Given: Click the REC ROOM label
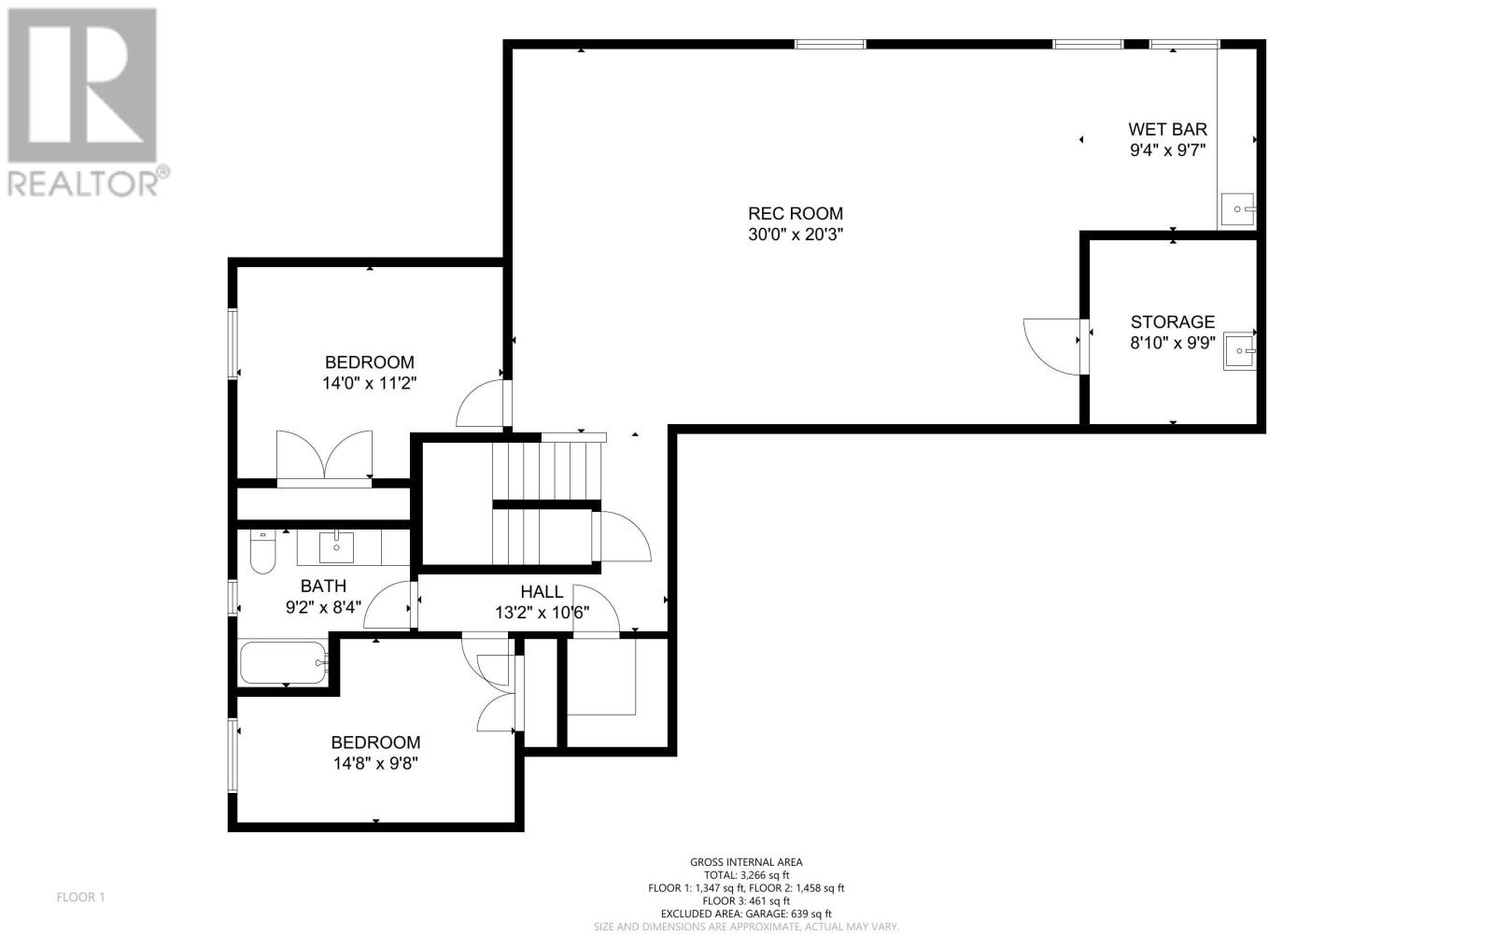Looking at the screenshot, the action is click(795, 214).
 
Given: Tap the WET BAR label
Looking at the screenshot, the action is click(1167, 129).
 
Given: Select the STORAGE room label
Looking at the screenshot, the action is click(1173, 322).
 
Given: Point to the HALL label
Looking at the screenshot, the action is click(542, 592).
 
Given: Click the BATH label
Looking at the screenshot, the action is click(323, 587).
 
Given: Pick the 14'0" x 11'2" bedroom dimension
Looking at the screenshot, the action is click(370, 384).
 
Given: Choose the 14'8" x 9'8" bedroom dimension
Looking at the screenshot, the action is click(375, 763).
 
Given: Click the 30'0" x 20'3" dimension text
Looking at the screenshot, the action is click(796, 234).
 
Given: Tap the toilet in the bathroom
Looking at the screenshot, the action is click(262, 552).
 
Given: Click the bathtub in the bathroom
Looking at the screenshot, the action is click(284, 662).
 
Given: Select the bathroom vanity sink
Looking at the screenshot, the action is click(336, 547).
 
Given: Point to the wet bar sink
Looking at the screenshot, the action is click(1238, 209).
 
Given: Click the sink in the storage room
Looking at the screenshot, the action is click(1239, 351).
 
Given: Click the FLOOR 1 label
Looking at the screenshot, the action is click(80, 898).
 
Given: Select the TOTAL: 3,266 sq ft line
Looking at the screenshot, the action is click(746, 875).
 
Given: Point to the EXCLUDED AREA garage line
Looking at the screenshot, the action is click(746, 914).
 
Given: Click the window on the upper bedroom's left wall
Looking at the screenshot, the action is click(233, 344).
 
